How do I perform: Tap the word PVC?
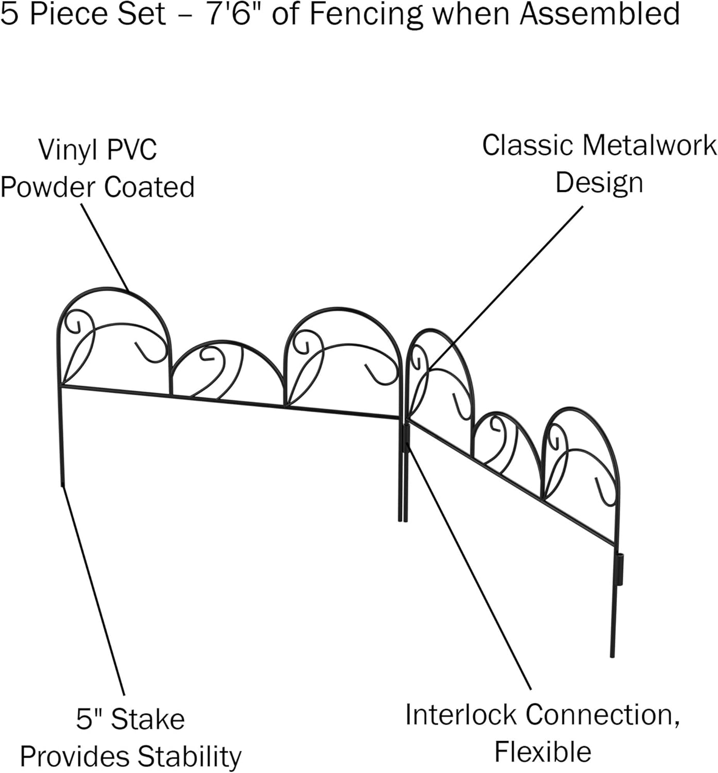point(131,149)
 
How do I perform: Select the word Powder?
point(48,188)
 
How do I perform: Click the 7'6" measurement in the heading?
point(235,13)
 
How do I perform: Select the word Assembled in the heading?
point(600,13)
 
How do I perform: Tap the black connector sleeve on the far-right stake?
point(620,569)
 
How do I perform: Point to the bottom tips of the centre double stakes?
point(402,520)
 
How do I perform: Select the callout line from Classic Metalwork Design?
point(505,288)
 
